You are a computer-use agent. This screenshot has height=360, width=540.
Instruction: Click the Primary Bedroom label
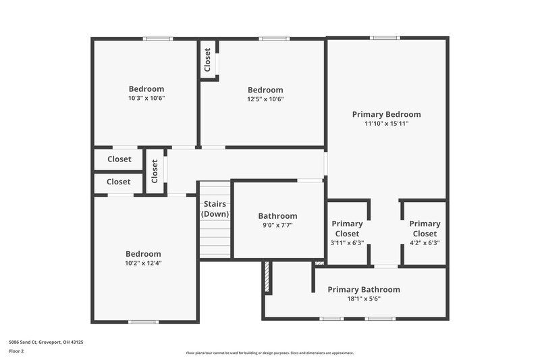click(386, 114)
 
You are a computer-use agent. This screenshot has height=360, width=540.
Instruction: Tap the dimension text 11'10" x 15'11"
click(386, 124)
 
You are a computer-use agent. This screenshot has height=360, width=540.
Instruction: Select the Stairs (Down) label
click(215, 209)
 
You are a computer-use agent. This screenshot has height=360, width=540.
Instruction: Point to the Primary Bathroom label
click(363, 290)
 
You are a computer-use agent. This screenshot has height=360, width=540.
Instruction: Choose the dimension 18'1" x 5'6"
click(363, 299)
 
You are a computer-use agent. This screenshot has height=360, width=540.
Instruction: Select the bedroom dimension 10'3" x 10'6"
click(146, 98)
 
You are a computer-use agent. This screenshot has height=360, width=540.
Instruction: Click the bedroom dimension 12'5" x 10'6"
click(265, 99)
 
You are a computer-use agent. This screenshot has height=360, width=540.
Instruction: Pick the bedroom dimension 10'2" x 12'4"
click(143, 263)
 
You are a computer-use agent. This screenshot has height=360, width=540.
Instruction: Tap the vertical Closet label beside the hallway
click(155, 171)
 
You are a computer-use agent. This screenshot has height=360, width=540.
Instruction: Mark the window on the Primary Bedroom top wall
click(385, 38)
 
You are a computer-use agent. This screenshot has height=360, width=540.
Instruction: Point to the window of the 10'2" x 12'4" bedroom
click(143, 322)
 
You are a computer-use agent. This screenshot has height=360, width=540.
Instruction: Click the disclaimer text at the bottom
click(269, 353)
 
